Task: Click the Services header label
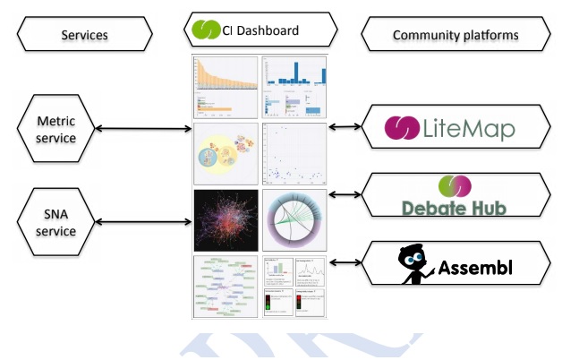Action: (x=84, y=35)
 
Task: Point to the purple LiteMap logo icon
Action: (x=401, y=127)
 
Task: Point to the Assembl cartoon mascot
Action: (x=413, y=262)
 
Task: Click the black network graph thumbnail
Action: (x=226, y=220)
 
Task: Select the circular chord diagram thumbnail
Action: (x=294, y=220)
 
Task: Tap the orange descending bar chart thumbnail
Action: (x=226, y=87)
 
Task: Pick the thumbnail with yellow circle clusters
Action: (x=226, y=154)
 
